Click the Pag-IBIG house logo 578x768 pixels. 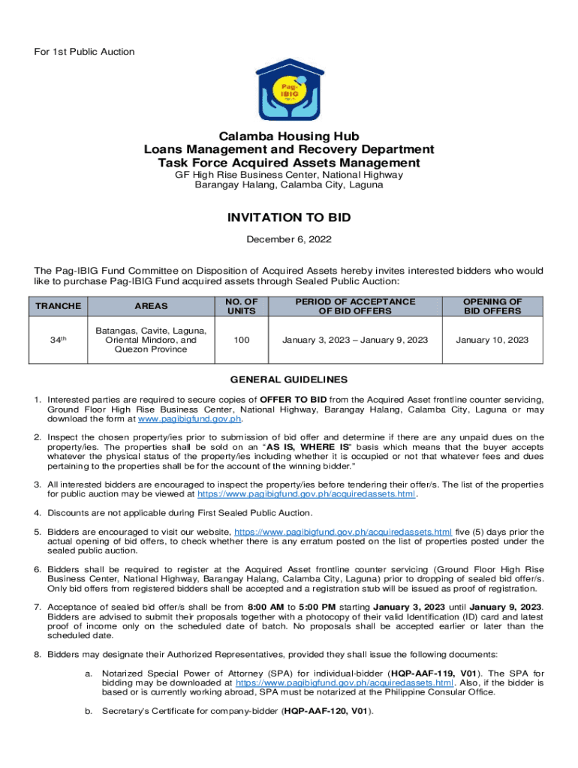[289, 88]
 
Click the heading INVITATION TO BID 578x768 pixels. [289, 218]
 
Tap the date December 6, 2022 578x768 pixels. [289, 240]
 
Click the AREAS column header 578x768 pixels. [151, 306]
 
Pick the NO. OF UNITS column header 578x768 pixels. [242, 306]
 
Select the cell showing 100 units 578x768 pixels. [242, 340]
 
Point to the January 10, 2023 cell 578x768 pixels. [492, 340]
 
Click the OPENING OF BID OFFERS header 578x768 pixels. [492, 306]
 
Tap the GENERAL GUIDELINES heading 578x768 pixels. [289, 379]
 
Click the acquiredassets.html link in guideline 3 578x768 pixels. [306, 494]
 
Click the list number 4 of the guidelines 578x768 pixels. [38, 513]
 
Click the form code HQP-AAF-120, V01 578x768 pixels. [327, 711]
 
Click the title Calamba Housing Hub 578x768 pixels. [289, 136]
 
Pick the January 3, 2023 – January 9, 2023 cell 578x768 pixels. [355, 340]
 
